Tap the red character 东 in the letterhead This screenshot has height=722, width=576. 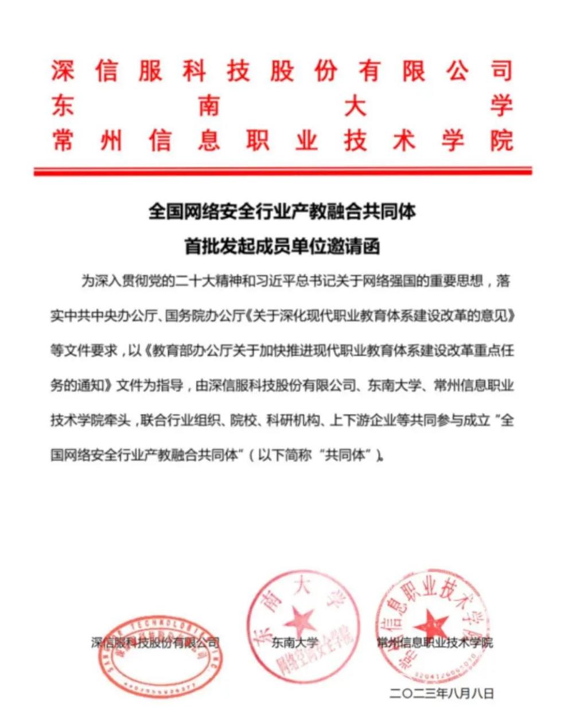(63, 106)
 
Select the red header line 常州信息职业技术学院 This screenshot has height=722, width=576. (281, 141)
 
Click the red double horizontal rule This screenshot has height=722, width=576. (282, 170)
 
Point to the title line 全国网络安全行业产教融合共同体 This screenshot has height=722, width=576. (282, 212)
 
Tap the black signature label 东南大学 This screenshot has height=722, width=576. (295, 643)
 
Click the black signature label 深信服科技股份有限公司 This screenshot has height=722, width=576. (155, 643)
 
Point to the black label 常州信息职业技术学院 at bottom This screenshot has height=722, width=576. (434, 643)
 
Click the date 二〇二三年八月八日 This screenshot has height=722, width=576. (441, 693)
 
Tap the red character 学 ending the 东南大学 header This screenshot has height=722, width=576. (500, 106)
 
